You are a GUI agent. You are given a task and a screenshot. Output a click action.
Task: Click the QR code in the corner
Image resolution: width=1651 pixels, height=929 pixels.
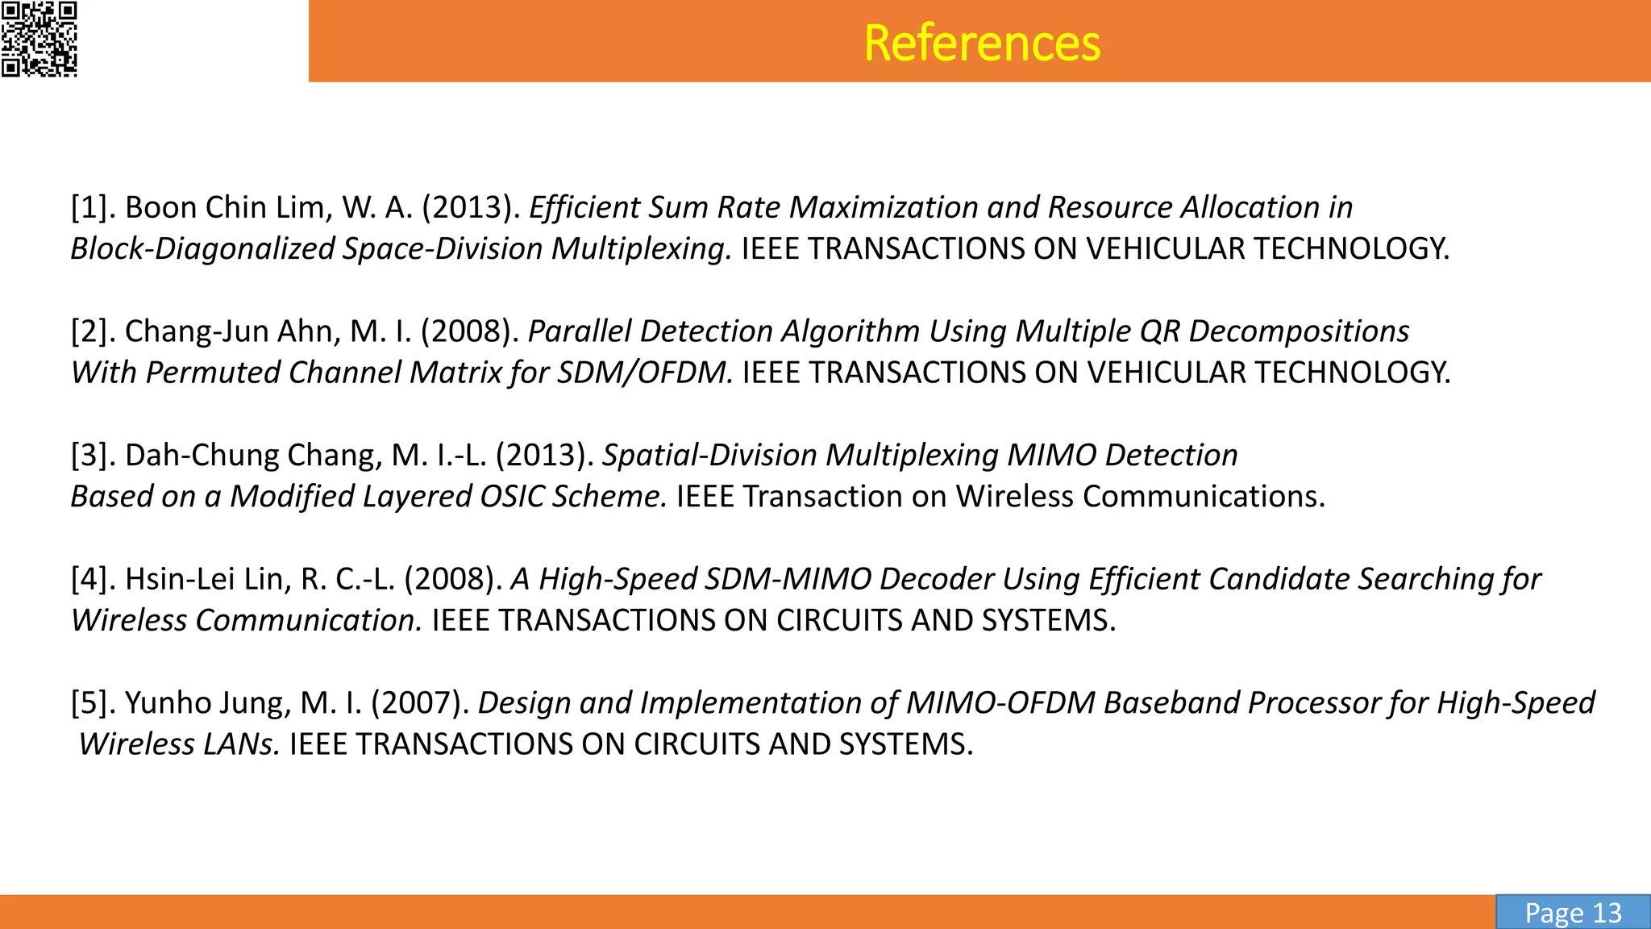coord(39,39)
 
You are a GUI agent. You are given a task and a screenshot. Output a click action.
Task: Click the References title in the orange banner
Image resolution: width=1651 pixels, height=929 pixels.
coord(981,43)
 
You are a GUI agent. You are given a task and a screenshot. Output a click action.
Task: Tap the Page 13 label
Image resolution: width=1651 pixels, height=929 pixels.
coord(1572,912)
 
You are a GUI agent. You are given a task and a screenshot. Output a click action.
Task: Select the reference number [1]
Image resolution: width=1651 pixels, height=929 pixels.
coord(94,207)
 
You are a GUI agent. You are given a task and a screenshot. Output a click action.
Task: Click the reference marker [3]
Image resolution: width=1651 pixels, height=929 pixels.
coord(94,455)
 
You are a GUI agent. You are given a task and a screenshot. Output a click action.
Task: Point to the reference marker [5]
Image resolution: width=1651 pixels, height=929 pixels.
coord(94,702)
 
